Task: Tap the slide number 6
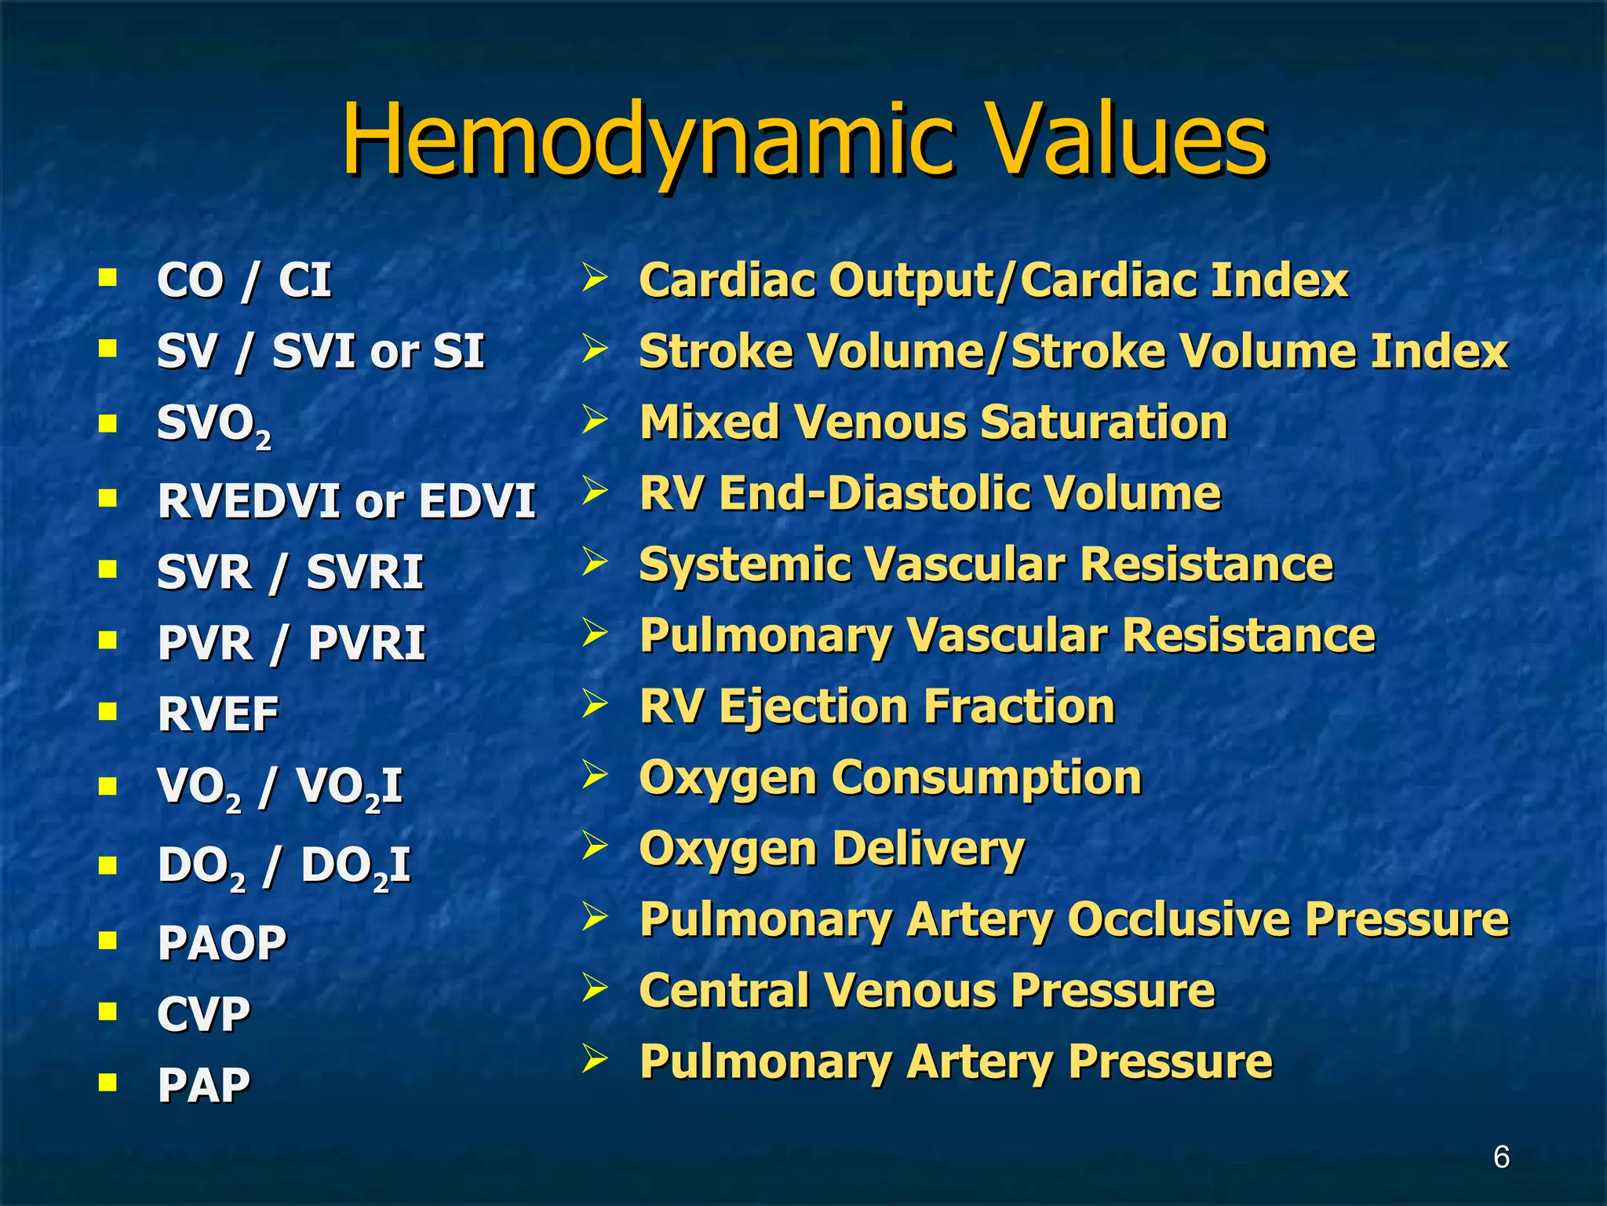[x=1501, y=1157]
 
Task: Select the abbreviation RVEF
[x=218, y=714]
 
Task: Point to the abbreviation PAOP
[x=222, y=941]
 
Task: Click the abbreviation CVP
[x=203, y=1013]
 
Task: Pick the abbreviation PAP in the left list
[x=203, y=1084]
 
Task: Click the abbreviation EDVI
[x=477, y=500]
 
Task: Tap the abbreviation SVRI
[x=365, y=571]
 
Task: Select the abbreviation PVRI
[x=366, y=642]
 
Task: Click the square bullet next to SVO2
[x=107, y=424]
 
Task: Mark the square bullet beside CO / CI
[x=107, y=278]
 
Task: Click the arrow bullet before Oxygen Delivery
[x=595, y=846]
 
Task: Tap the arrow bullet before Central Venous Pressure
[x=595, y=988]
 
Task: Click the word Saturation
[x=1104, y=422]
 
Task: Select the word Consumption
[x=986, y=777]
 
